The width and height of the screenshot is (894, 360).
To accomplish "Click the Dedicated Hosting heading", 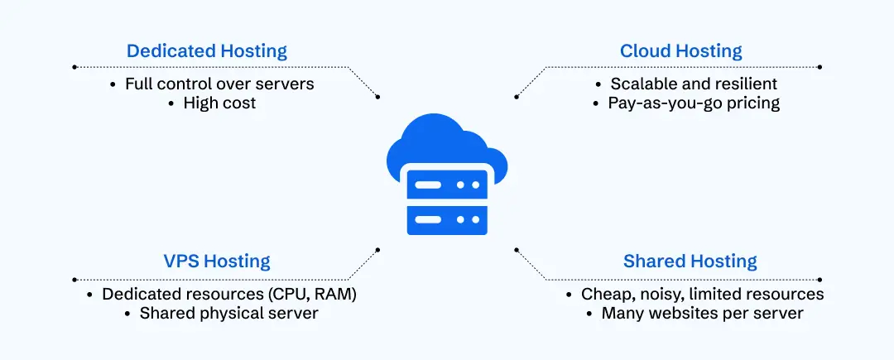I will pyautogui.click(x=207, y=51).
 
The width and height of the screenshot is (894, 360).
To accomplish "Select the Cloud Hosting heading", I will pyautogui.click(x=680, y=51).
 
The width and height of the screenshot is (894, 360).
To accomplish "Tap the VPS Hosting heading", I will pyautogui.click(x=216, y=262).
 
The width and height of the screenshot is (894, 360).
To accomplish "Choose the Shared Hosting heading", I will pyautogui.click(x=690, y=262).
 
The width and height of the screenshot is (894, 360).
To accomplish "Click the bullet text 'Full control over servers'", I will pyautogui.click(x=219, y=84).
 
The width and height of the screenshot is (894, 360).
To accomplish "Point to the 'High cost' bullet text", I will pyautogui.click(x=219, y=103).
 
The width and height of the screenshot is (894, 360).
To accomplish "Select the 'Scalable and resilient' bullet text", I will pyautogui.click(x=694, y=84).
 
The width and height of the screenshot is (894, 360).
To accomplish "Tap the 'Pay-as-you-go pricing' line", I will pyautogui.click(x=694, y=103).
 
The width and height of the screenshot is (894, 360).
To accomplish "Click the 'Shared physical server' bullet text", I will pyautogui.click(x=228, y=314).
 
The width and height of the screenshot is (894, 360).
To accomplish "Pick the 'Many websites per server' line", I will pyautogui.click(x=702, y=314).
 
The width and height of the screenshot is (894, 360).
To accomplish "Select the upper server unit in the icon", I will pyautogui.click(x=447, y=184).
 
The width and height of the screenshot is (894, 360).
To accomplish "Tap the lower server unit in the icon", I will pyautogui.click(x=447, y=218).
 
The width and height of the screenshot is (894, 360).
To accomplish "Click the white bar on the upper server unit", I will pyautogui.click(x=428, y=184).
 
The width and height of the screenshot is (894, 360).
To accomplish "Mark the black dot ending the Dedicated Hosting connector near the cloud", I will pyautogui.click(x=378, y=97).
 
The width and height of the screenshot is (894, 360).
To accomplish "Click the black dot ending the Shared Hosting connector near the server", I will pyautogui.click(x=517, y=247).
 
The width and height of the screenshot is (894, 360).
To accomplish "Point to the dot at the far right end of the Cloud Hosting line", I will pyautogui.click(x=819, y=67).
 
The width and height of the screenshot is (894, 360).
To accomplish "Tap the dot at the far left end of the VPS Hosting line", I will pyautogui.click(x=74, y=280).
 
